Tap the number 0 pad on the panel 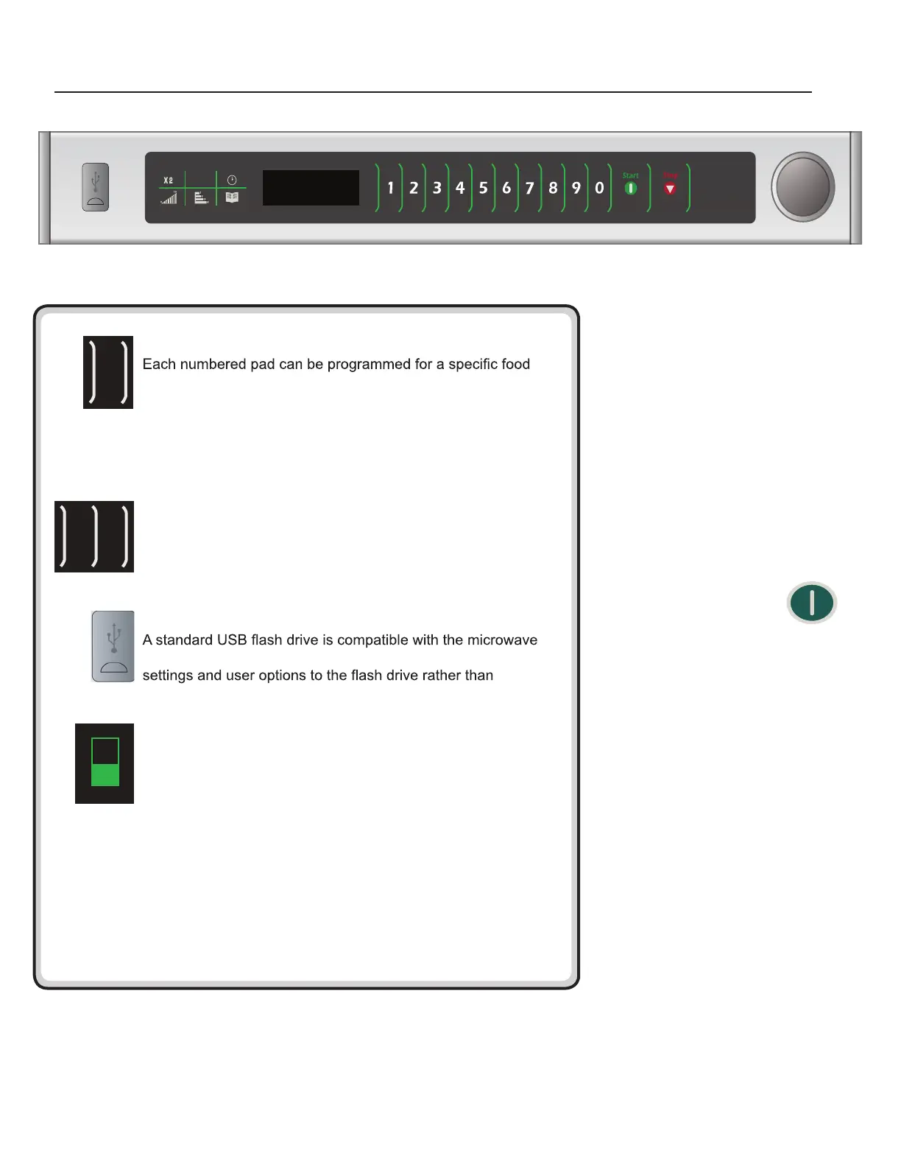pyautogui.click(x=599, y=189)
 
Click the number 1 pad pyautogui.click(x=390, y=189)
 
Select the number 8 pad pyautogui.click(x=553, y=189)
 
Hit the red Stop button pyautogui.click(x=670, y=189)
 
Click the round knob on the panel pyautogui.click(x=803, y=187)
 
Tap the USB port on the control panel pyautogui.click(x=95, y=187)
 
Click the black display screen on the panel pyautogui.click(x=311, y=188)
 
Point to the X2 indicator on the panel pyautogui.click(x=169, y=180)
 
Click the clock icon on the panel pyautogui.click(x=232, y=180)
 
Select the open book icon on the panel pyautogui.click(x=232, y=197)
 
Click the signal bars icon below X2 pyautogui.click(x=169, y=197)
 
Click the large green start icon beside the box pyautogui.click(x=812, y=603)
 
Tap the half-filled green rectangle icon pyautogui.click(x=105, y=763)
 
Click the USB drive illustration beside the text pyautogui.click(x=113, y=646)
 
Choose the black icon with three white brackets pyautogui.click(x=94, y=536)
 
